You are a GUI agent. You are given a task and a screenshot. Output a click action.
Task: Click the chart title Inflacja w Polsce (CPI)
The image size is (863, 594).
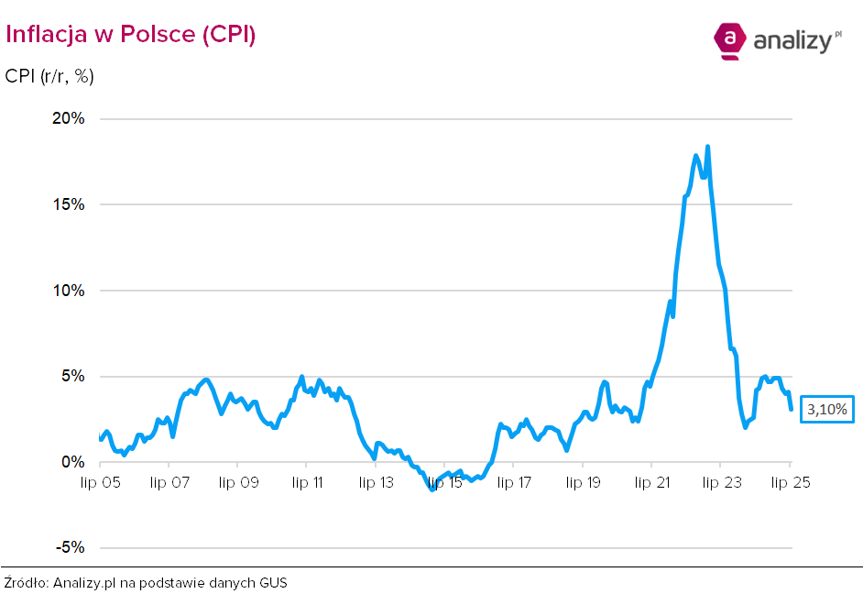pos(130,34)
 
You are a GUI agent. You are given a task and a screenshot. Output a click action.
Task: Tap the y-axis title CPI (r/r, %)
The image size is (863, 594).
pos(49,77)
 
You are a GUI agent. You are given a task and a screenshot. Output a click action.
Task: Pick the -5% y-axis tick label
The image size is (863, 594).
pos(71,548)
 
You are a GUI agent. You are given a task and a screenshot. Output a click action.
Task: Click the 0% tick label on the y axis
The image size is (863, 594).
pos(73,462)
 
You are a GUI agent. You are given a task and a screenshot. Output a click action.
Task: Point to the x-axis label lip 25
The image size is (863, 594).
pos(789,482)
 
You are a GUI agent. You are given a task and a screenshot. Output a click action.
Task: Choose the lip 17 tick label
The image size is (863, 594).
pos(513,482)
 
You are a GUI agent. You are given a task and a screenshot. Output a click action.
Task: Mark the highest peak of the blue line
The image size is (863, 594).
pos(707,147)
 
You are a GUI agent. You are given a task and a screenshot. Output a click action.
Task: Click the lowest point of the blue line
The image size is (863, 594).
pos(432,489)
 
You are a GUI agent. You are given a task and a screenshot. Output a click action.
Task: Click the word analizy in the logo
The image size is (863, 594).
pos(792,40)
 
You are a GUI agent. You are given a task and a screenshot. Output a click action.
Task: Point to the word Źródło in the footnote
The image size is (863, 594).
pos(26,582)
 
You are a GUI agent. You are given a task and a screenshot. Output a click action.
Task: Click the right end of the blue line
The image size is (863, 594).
pos(791,409)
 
